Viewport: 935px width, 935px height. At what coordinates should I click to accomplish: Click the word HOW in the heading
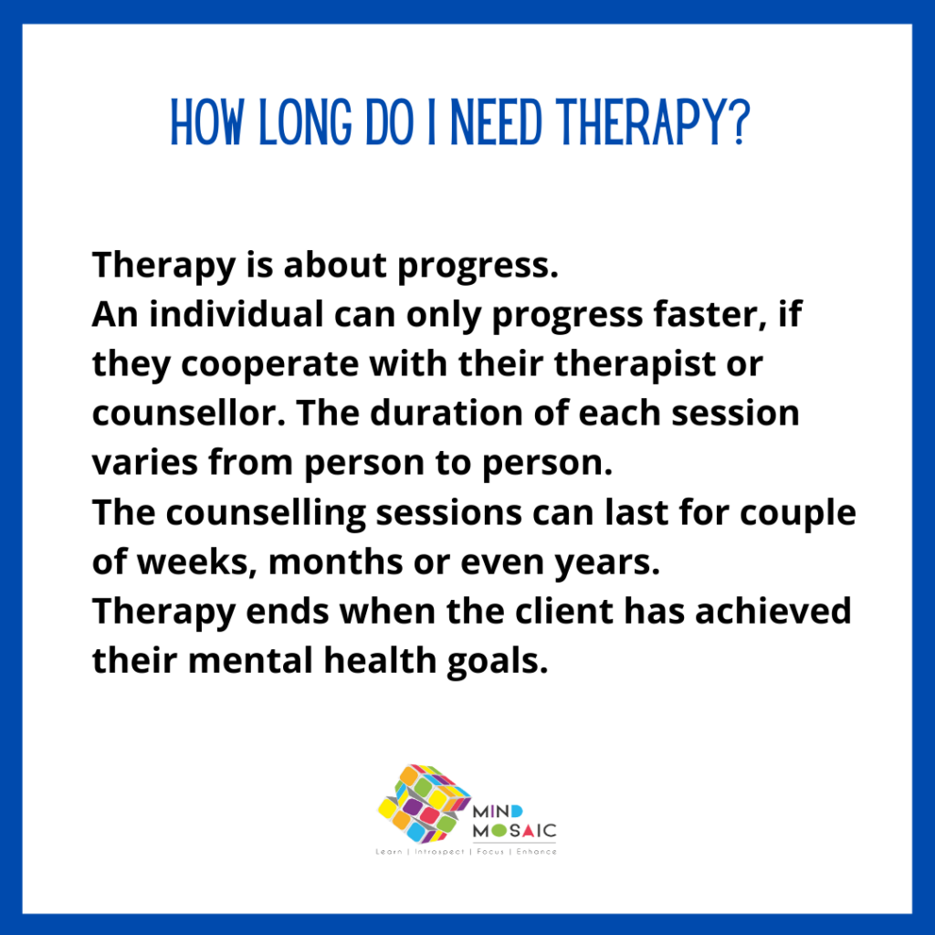click(207, 123)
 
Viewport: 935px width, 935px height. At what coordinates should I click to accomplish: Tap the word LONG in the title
click(305, 123)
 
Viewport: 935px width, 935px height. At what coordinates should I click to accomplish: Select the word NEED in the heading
click(496, 123)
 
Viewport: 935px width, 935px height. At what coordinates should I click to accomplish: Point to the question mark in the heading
click(739, 123)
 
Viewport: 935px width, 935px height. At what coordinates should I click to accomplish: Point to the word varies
click(145, 463)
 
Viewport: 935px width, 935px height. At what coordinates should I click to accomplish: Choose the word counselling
click(266, 513)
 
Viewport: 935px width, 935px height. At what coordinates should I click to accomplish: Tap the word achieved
click(772, 611)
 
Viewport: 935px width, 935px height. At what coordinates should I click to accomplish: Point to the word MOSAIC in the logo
click(515, 830)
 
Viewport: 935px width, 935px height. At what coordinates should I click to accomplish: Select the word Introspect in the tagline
click(439, 852)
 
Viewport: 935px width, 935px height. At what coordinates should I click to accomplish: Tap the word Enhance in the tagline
click(537, 852)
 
